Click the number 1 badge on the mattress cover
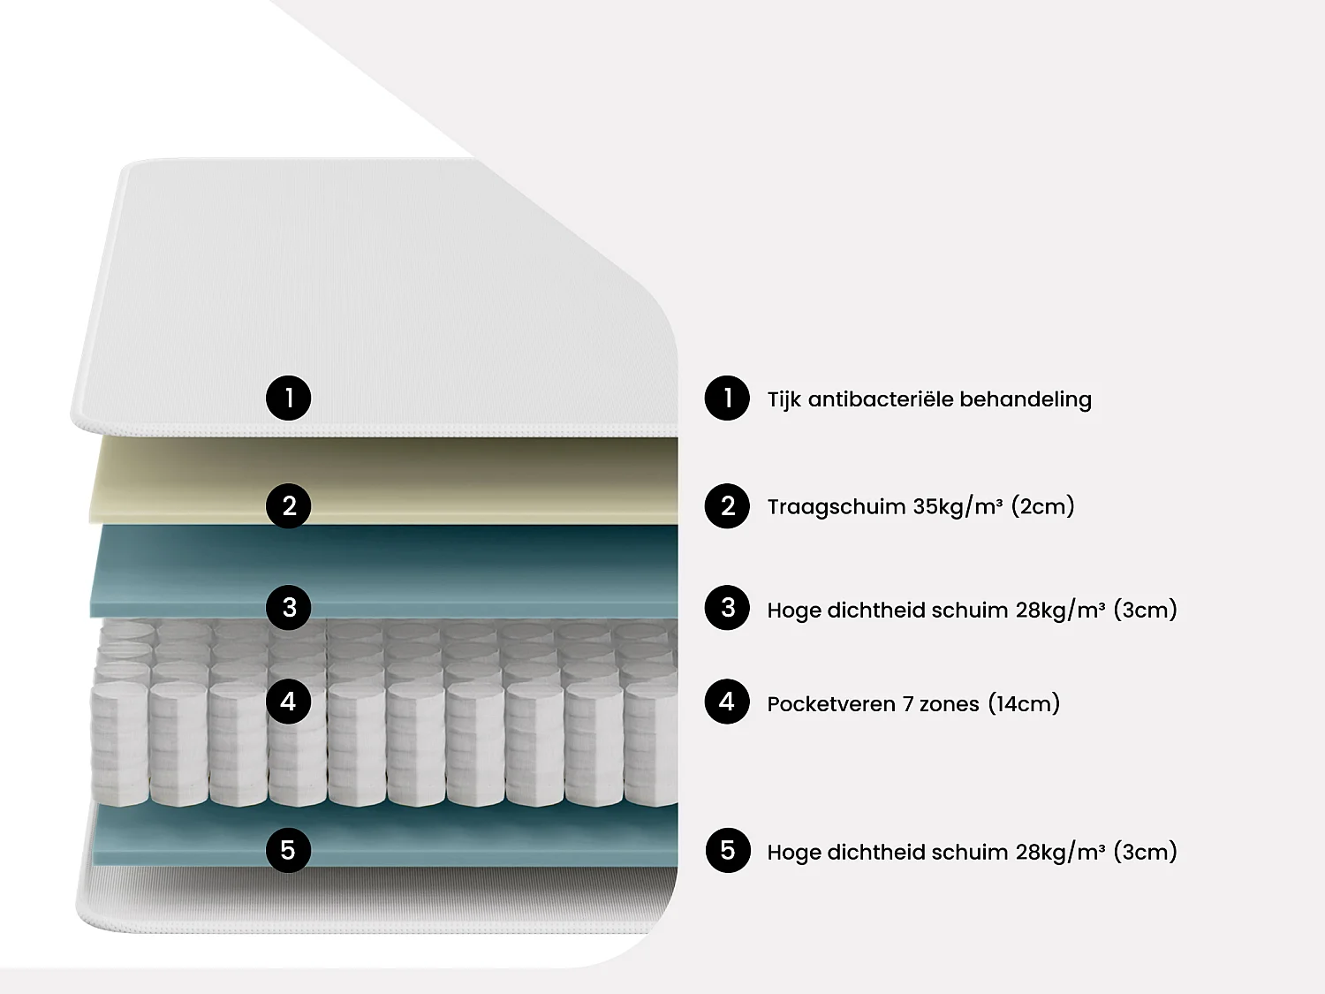click(288, 398)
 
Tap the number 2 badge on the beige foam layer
click(288, 506)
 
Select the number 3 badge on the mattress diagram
click(288, 608)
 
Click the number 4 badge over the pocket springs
click(288, 702)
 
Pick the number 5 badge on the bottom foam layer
click(288, 850)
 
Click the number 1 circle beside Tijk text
click(727, 398)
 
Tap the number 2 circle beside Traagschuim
click(727, 506)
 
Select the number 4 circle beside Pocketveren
click(727, 702)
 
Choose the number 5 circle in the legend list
click(727, 851)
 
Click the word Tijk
click(784, 399)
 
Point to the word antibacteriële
click(881, 399)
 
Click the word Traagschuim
click(836, 507)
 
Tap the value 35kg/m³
click(958, 507)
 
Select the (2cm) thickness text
click(1042, 507)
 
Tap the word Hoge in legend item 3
click(793, 611)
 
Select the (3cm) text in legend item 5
click(1145, 853)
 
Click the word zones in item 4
click(949, 705)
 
